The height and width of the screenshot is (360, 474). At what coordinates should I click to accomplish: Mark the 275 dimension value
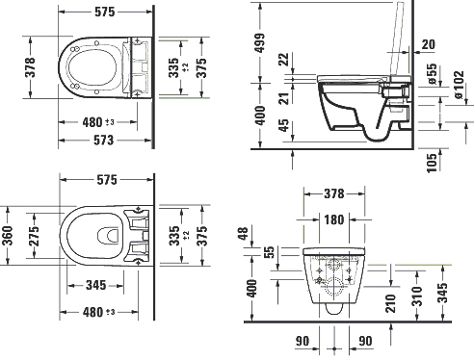click(x=36, y=238)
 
